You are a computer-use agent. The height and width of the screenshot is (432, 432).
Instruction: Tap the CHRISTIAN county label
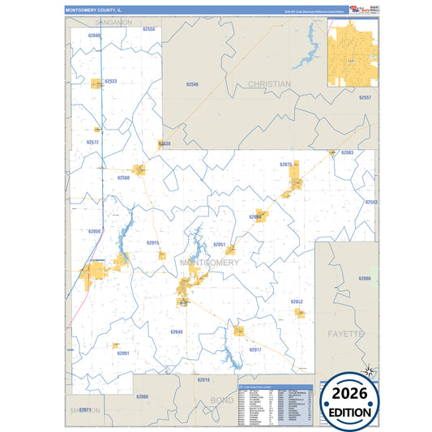point(269,84)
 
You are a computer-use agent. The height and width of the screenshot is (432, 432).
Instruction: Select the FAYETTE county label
point(347,334)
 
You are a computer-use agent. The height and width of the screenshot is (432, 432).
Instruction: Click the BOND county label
point(220,400)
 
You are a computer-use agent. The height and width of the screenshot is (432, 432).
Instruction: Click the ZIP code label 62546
point(192,84)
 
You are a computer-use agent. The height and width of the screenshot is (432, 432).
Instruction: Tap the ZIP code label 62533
point(111,81)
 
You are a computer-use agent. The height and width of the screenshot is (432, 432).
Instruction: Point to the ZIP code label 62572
point(92,143)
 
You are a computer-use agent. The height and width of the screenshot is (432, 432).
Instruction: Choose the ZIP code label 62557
point(365,97)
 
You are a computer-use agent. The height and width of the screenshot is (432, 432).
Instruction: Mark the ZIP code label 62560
point(123,178)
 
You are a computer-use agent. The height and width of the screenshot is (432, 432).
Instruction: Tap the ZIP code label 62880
point(365,278)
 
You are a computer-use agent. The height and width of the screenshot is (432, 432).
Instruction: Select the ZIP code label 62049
point(177,331)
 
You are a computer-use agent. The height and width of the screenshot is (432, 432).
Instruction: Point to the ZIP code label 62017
point(255,349)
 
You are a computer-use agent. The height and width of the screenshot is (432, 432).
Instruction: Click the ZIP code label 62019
point(203,379)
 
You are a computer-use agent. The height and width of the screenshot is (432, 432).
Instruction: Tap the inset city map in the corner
point(353,53)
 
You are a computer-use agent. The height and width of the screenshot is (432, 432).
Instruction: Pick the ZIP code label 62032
point(297,302)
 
